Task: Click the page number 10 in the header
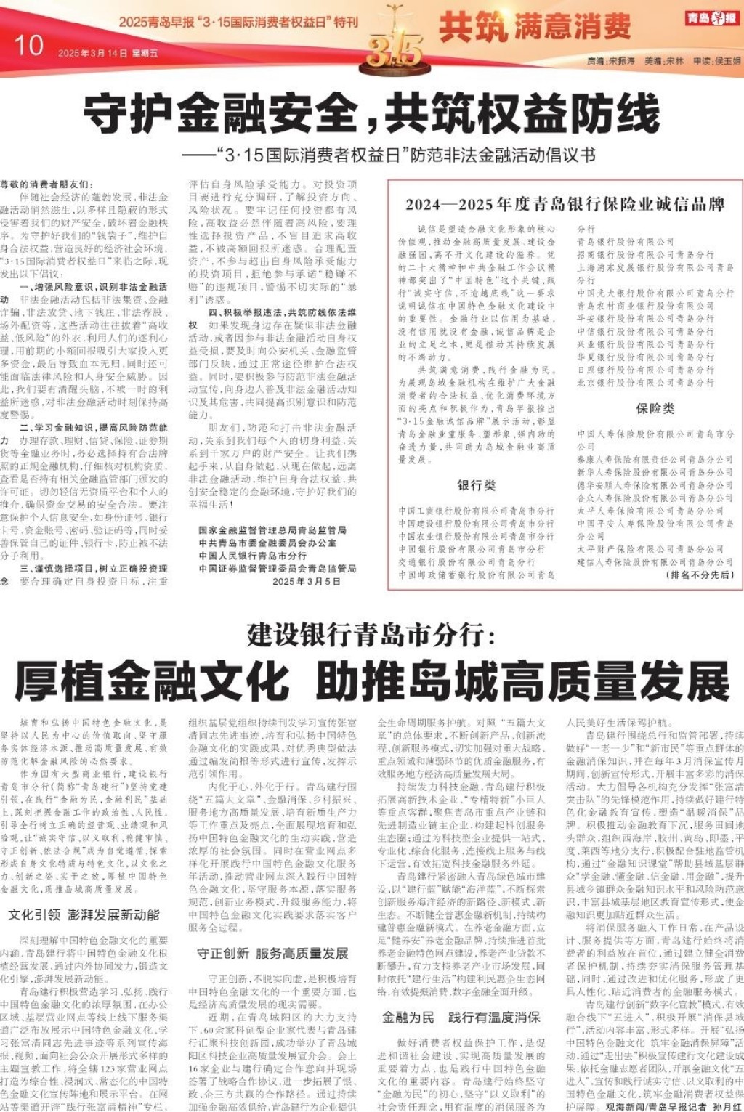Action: [28, 46]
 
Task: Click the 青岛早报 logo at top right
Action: [711, 18]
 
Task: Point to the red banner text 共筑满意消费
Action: [535, 28]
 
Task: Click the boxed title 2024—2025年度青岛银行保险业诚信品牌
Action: [565, 204]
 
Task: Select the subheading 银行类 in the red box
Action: [477, 485]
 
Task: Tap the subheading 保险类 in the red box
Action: [655, 408]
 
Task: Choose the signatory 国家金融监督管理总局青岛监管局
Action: [272, 530]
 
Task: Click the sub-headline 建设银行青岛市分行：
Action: [371, 635]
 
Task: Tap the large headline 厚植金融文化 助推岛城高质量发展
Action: [371, 681]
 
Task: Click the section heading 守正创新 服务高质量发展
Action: [272, 953]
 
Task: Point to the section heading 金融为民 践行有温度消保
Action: [461, 1018]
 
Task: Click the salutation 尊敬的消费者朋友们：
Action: [46, 184]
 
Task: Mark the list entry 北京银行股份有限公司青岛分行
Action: [646, 383]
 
